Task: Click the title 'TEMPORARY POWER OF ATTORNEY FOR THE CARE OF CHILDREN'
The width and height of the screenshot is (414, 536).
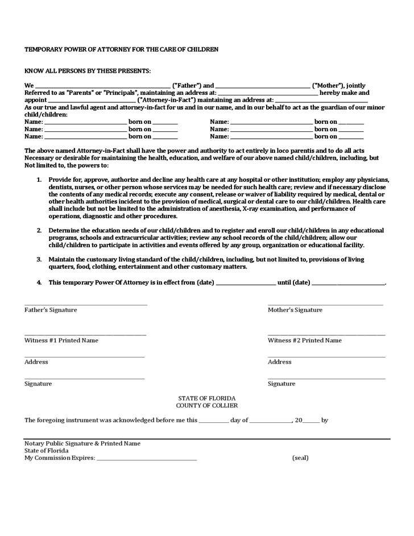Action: coord(121,49)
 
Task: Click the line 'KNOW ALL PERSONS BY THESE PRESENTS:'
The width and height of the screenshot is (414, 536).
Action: coord(88,71)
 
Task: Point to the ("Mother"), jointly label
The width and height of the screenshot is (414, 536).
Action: coord(339,86)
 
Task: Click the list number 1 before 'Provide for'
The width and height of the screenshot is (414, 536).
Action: coord(39,180)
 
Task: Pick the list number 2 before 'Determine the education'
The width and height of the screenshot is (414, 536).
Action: coord(39,231)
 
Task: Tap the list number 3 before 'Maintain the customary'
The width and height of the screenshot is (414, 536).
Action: coord(39,259)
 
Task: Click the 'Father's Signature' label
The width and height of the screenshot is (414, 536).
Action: coord(51,310)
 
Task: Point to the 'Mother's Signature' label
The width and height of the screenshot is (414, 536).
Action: coord(295,310)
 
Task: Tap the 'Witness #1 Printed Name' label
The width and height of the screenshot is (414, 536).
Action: coord(61,340)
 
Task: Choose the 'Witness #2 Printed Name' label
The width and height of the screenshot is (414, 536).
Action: coord(305,340)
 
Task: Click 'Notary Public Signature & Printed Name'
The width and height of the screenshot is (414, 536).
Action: coord(82,443)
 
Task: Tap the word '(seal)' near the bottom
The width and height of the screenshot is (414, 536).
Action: coord(300,458)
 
